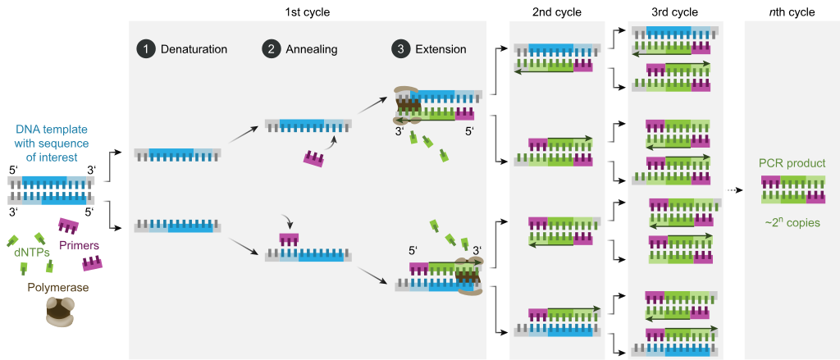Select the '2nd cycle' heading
(x=556, y=11)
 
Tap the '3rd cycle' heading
(x=675, y=11)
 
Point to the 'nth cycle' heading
(x=792, y=11)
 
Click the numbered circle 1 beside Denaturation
(x=145, y=49)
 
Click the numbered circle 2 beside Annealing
(x=270, y=49)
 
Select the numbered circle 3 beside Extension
(x=400, y=49)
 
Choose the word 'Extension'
(x=441, y=49)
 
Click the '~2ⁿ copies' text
(x=791, y=221)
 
